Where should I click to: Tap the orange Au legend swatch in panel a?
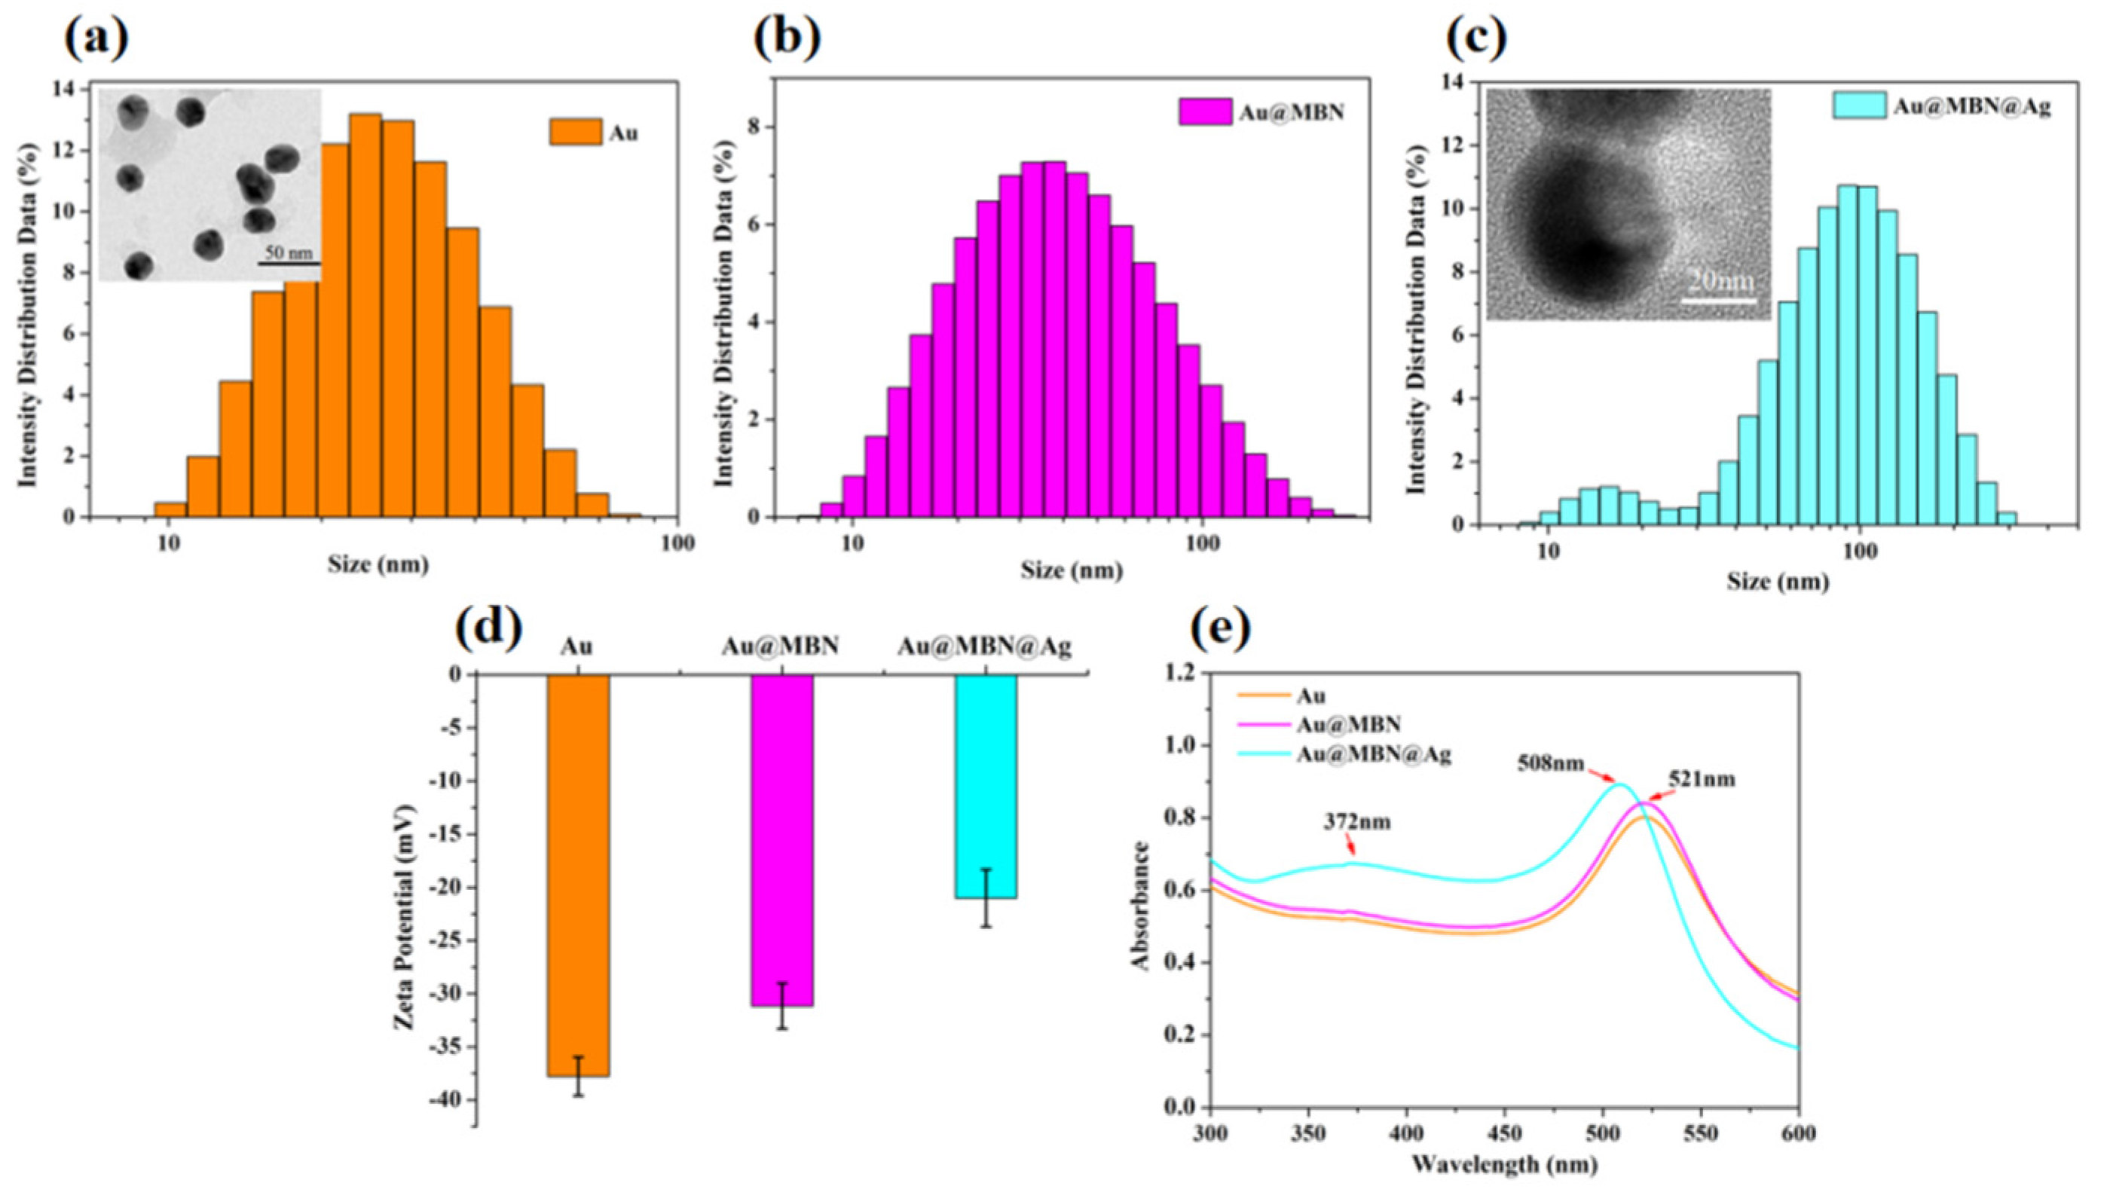[x=576, y=132]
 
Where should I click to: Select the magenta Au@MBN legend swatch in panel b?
[x=1205, y=112]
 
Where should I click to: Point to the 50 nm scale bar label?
[x=289, y=253]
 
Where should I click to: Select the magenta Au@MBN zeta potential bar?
[x=781, y=839]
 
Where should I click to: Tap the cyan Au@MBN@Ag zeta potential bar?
[x=986, y=786]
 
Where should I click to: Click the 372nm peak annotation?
[x=1357, y=821]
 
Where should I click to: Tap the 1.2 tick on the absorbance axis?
[x=1179, y=673]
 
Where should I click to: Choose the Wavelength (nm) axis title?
[x=1503, y=1163]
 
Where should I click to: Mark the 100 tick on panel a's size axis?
[x=677, y=543]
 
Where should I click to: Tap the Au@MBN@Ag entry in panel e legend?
[x=1374, y=755]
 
